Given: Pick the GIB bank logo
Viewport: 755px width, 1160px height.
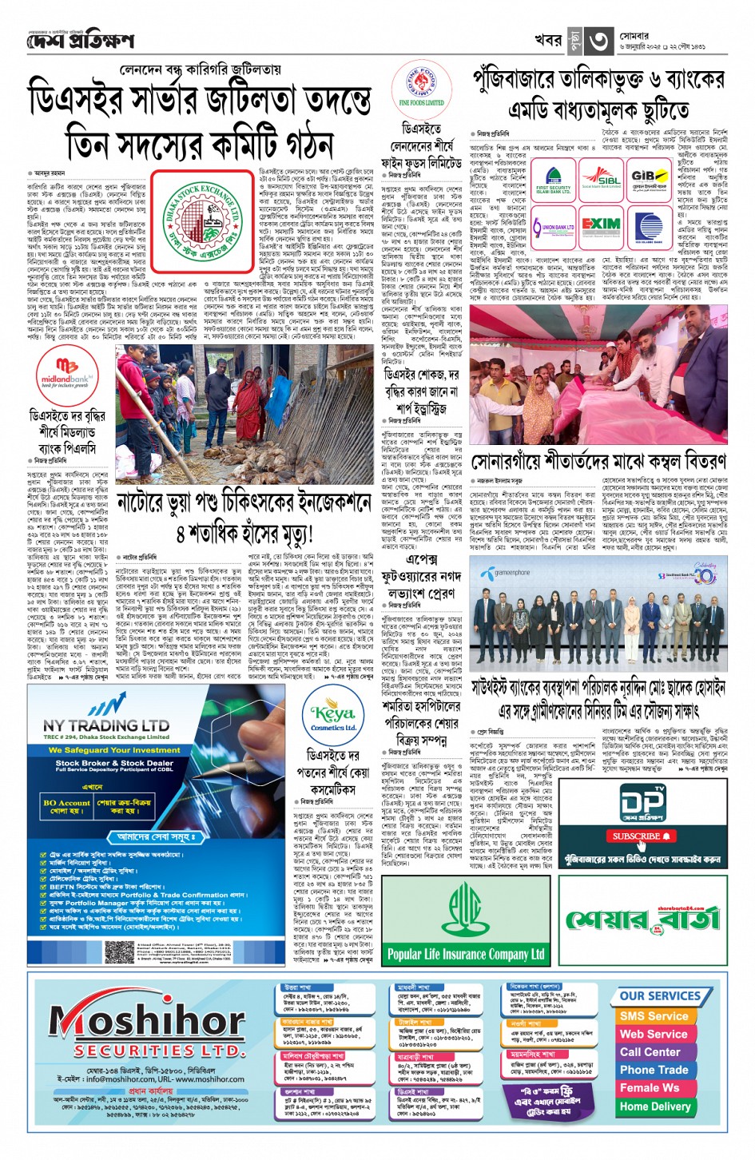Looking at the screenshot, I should [x=650, y=179].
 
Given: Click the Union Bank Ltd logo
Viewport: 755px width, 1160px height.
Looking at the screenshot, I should [x=553, y=227].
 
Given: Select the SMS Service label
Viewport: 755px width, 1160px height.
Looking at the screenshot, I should [x=654, y=1016].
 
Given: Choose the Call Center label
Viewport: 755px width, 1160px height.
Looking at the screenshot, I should [x=650, y=1051].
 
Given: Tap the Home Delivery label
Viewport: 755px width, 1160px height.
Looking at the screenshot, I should [x=654, y=1106].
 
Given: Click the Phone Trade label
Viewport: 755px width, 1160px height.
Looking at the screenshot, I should [x=654, y=1070].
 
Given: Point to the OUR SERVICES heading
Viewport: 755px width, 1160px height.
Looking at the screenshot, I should [x=660, y=995].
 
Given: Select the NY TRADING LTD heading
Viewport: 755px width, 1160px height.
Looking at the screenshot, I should [x=106, y=725].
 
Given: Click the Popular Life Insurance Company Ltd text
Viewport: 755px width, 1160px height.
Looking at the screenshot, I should [x=466, y=954].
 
